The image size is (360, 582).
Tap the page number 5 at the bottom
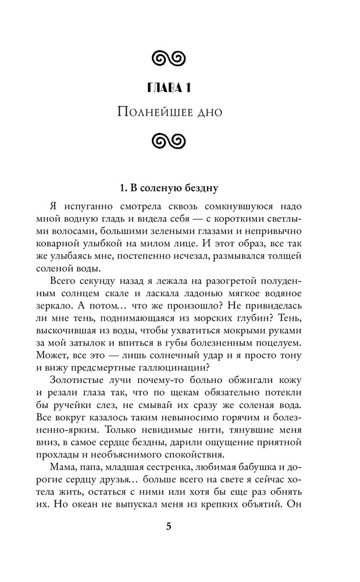(169, 527)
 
